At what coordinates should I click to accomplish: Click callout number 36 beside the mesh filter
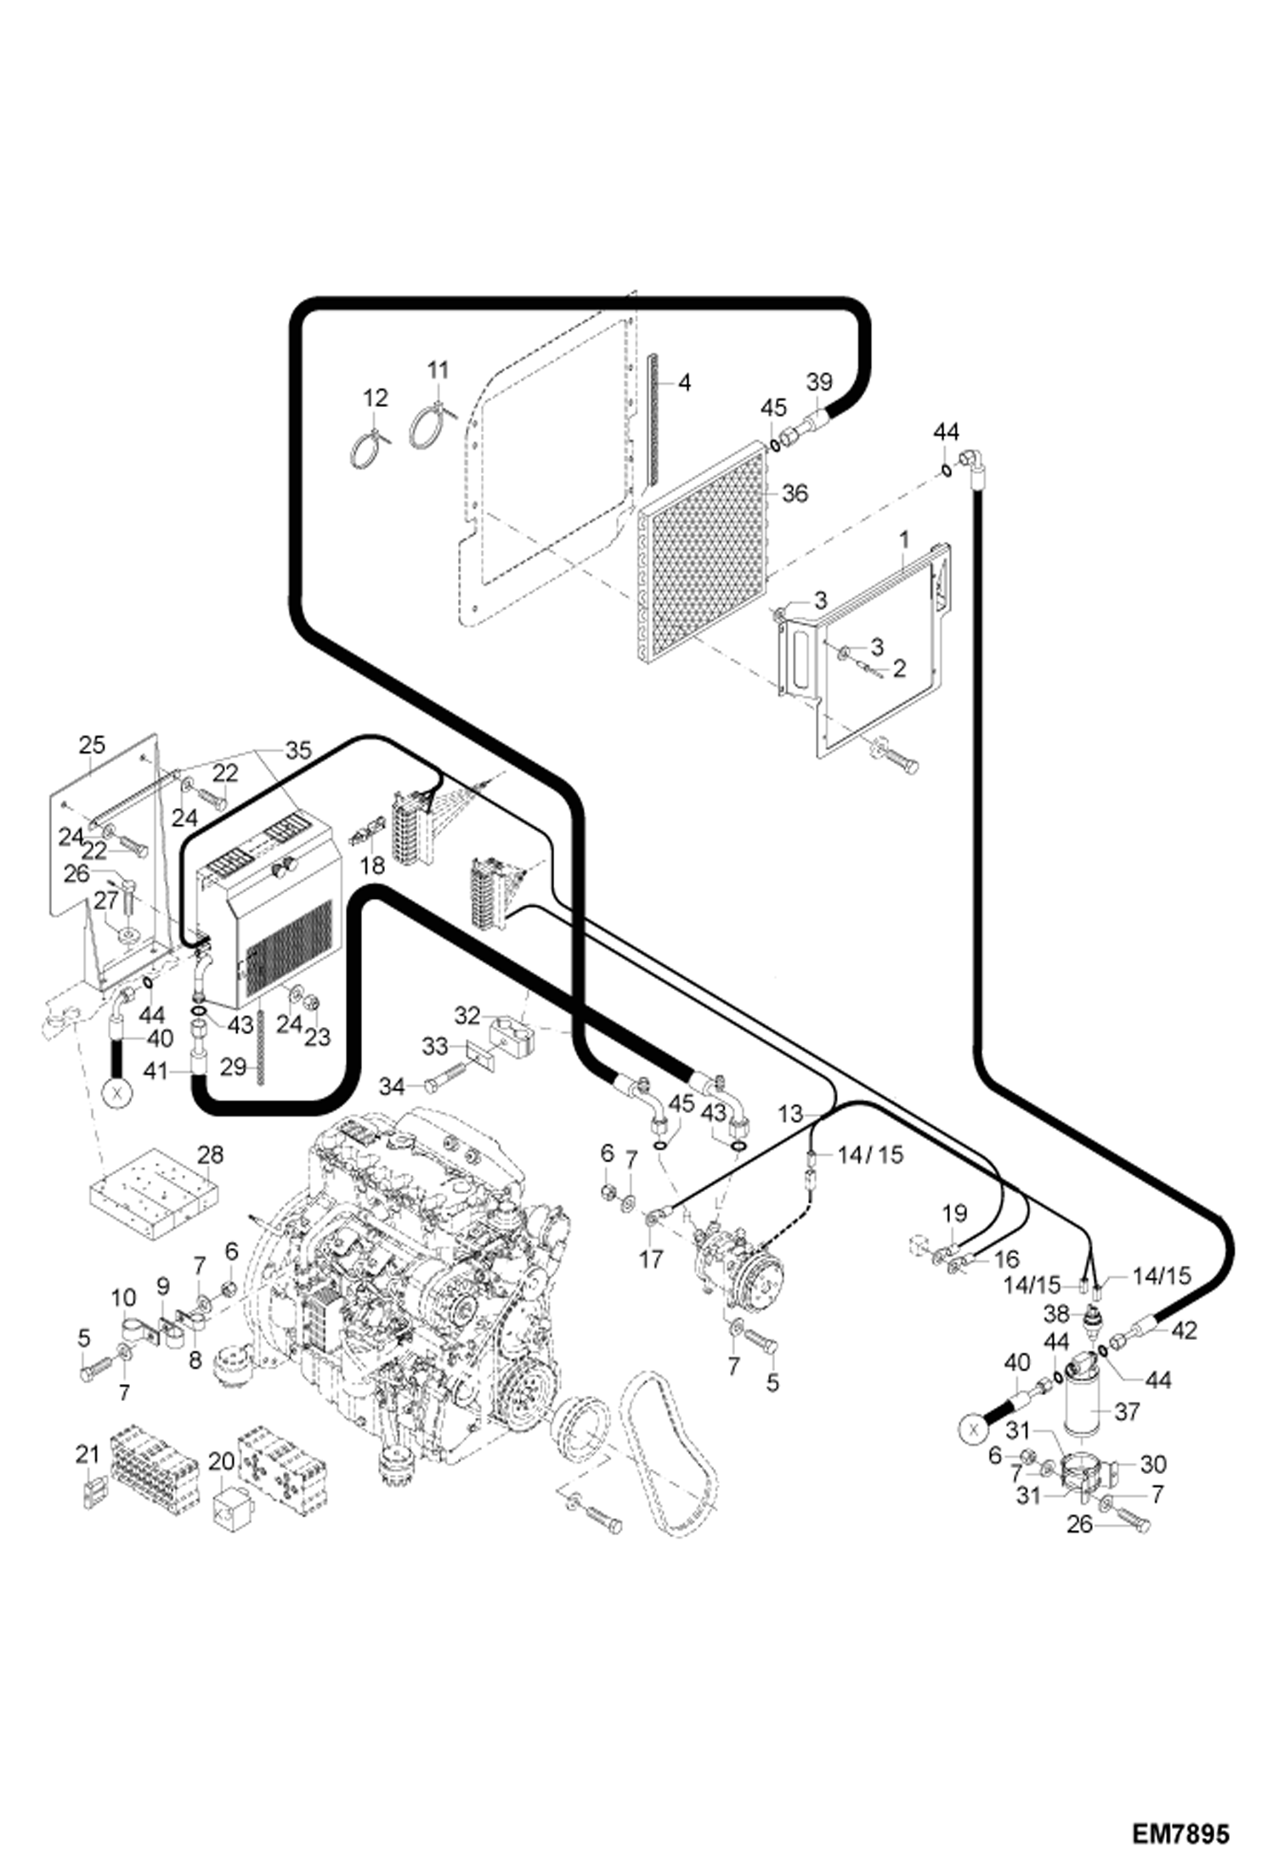coord(795,493)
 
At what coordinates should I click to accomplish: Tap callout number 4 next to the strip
coord(684,383)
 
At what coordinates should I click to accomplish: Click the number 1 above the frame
coord(905,539)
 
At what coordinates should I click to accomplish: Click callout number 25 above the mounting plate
coord(92,745)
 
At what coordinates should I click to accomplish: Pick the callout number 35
coord(298,750)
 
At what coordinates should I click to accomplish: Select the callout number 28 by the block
coord(210,1155)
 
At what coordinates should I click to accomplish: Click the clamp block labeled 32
coord(509,1030)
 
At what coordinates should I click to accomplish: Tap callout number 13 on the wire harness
coord(790,1114)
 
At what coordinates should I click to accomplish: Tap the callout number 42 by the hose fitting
coord(1184,1330)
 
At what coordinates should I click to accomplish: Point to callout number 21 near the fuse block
coord(88,1455)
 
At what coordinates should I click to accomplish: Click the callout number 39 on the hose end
coord(819,382)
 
